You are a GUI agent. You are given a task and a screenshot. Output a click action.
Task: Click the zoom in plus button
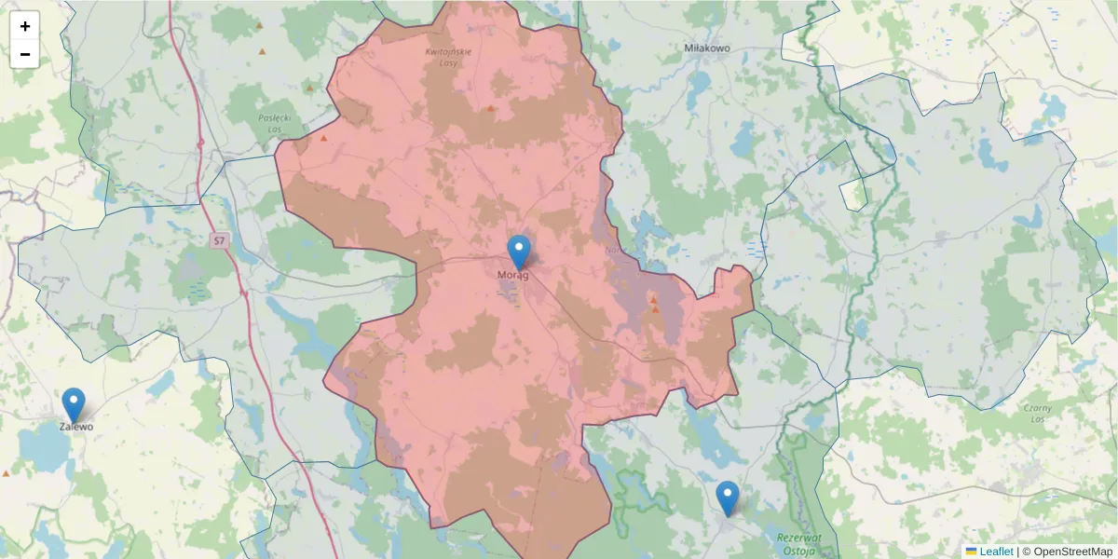(25, 26)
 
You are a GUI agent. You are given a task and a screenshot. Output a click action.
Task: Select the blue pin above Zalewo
(74, 404)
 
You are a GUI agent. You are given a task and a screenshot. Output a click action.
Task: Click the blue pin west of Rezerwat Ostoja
(728, 498)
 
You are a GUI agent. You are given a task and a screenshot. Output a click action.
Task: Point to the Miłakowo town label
(707, 48)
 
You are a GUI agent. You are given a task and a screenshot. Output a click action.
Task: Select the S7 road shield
(219, 240)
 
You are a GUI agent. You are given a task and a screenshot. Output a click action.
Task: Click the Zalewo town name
(76, 427)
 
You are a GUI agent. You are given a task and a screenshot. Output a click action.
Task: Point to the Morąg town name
(513, 276)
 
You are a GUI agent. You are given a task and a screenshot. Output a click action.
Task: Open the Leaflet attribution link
(996, 552)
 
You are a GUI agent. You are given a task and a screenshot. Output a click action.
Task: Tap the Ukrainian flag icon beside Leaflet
(971, 552)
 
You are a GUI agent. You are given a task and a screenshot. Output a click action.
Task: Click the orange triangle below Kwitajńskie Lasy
(491, 108)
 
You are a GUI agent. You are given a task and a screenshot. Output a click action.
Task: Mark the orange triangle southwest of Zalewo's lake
(7, 473)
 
